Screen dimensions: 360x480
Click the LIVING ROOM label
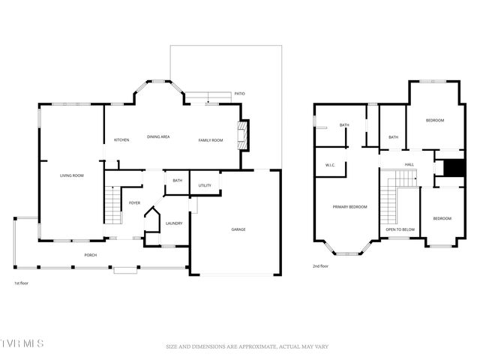point(72,175)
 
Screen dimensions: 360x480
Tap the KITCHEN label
point(121,140)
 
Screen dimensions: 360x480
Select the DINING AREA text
point(158,136)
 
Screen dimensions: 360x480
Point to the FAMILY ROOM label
point(211,140)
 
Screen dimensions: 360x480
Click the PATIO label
point(240,94)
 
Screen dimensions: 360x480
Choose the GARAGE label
point(238,229)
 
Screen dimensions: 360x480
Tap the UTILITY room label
point(205,185)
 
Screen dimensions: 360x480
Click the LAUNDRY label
point(175,223)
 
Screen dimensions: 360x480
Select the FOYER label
point(135,202)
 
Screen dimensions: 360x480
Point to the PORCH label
point(90,255)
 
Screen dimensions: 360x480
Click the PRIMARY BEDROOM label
point(350,206)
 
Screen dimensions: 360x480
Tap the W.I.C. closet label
point(330,165)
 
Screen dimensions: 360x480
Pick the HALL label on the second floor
point(409,164)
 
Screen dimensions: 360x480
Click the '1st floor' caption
point(22,283)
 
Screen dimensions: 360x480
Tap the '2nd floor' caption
point(321,265)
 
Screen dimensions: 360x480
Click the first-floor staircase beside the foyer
point(112,206)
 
